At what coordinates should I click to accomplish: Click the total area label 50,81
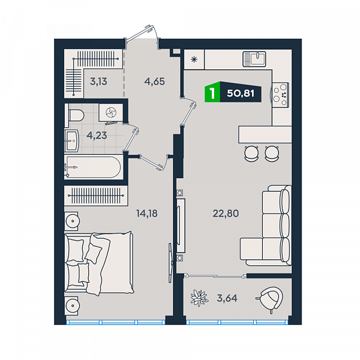[241, 94]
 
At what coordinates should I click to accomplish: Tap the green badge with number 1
[212, 92]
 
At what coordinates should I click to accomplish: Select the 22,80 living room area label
[226, 214]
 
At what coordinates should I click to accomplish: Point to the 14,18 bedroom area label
[147, 214]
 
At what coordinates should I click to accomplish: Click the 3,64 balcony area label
[227, 298]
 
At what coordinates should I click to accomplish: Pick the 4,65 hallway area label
[155, 82]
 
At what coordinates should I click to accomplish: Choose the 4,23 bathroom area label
[97, 136]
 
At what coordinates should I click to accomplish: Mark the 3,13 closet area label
[98, 82]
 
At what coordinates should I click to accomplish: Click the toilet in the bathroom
[75, 115]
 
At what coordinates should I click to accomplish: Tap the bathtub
[92, 167]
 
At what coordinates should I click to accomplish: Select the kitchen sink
[254, 59]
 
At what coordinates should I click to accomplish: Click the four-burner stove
[280, 95]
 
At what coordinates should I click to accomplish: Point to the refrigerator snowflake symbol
[194, 59]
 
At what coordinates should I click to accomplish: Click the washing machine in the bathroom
[111, 113]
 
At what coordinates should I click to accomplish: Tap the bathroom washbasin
[72, 141]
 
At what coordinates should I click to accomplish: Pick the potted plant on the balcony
[199, 298]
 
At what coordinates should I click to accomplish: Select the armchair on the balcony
[271, 298]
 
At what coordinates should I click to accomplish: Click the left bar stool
[251, 153]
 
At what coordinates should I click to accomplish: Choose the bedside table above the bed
[71, 221]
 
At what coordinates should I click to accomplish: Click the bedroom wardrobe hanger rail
[96, 196]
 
